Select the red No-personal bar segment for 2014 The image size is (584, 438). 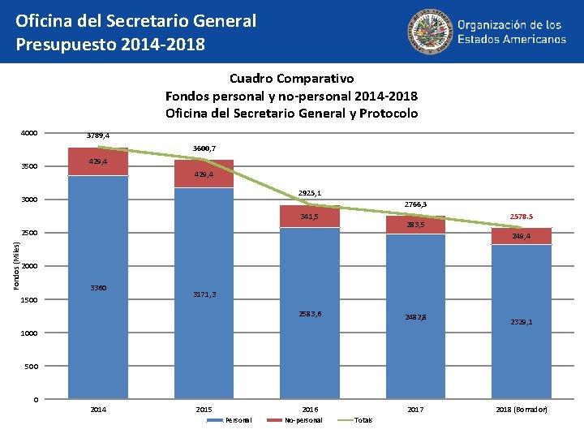(x=98, y=161)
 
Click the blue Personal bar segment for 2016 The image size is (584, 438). (x=309, y=312)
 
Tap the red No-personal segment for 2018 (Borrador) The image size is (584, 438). (x=521, y=236)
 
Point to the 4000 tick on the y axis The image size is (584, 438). (x=31, y=134)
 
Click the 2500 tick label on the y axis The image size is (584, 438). (x=31, y=234)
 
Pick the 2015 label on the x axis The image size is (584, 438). (x=204, y=410)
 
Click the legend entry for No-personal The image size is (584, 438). (x=303, y=420)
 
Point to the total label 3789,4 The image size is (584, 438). (x=98, y=135)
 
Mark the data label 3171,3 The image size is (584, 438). (x=204, y=294)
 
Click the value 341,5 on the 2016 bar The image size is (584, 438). (x=309, y=217)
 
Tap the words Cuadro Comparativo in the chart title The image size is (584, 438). (x=291, y=79)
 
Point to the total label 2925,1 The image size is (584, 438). (x=310, y=193)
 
